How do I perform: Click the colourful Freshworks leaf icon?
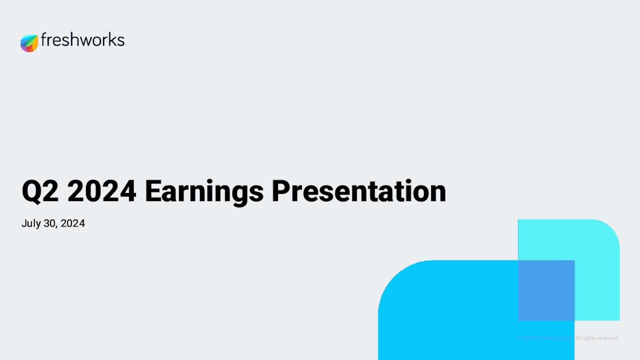(x=29, y=43)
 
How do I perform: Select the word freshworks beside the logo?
(x=82, y=40)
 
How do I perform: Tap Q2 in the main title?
(x=40, y=191)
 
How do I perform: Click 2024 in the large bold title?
(x=101, y=191)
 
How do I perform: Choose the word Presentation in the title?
(x=358, y=191)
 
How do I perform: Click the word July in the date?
(x=30, y=223)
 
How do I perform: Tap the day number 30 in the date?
(x=50, y=223)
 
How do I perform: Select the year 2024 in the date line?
(x=72, y=223)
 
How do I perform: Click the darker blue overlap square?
(x=546, y=290)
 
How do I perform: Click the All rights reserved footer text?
(x=597, y=338)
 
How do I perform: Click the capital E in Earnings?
(x=152, y=191)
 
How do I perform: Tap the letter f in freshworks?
(x=44, y=39)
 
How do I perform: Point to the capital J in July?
(x=24, y=223)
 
